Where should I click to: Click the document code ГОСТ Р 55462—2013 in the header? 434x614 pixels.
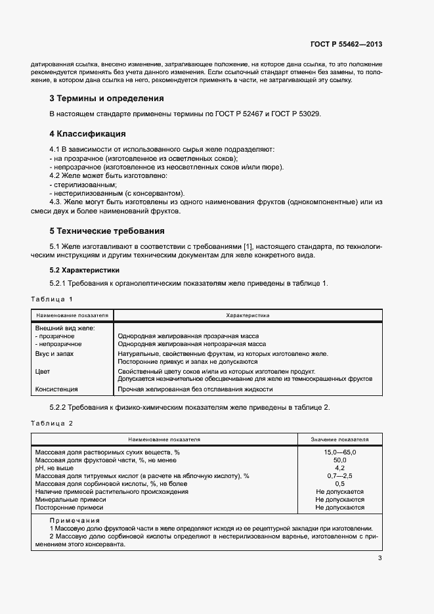346,45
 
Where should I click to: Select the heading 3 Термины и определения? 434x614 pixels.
106,99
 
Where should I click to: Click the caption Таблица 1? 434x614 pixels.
52,299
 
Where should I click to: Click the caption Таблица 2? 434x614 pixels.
52,423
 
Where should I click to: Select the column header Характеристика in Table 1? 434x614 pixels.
248,315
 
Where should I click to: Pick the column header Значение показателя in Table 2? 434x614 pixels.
339,439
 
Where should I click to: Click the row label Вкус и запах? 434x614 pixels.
54,353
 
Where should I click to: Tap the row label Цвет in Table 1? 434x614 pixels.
42,371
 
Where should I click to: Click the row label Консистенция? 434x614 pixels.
56,389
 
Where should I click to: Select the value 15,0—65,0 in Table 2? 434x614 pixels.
339,452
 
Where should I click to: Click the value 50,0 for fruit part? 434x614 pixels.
339,460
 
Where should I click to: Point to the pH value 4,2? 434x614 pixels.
339,468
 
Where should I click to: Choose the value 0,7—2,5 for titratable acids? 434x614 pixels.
339,475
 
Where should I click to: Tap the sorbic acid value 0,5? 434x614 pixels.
339,483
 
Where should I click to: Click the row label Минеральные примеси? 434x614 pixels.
69,499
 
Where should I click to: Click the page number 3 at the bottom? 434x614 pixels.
380,559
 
